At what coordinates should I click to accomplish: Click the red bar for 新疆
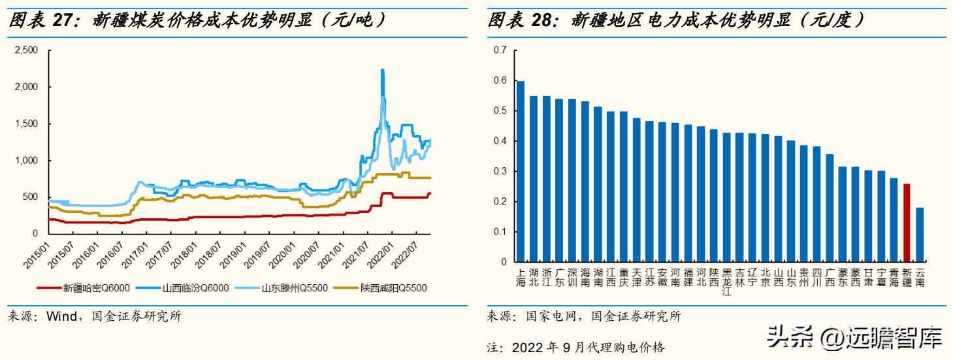click(906, 223)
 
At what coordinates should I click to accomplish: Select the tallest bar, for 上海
click(521, 171)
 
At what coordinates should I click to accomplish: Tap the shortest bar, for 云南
click(920, 235)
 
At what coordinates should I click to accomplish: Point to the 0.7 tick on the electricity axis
click(500, 50)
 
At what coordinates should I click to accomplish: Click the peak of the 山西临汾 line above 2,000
click(382, 71)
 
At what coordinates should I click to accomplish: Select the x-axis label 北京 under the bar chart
click(766, 278)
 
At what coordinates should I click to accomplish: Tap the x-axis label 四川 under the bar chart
click(816, 278)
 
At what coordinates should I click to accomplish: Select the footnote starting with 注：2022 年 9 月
click(575, 347)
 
